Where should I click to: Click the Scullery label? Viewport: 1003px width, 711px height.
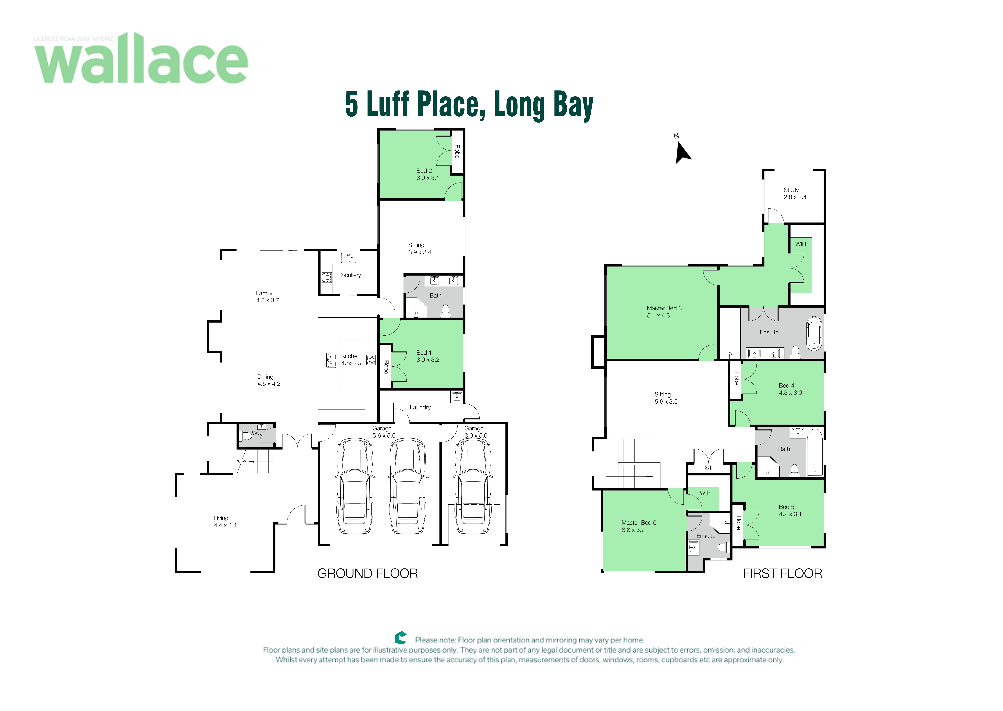click(x=351, y=275)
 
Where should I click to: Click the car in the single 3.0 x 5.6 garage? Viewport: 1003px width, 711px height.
click(x=473, y=486)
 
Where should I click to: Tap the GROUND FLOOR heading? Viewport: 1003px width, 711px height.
click(x=368, y=574)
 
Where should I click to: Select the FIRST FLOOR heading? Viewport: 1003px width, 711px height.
click(x=782, y=574)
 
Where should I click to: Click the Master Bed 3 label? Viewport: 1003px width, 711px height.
click(x=664, y=312)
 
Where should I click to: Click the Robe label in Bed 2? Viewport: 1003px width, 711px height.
click(x=457, y=151)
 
